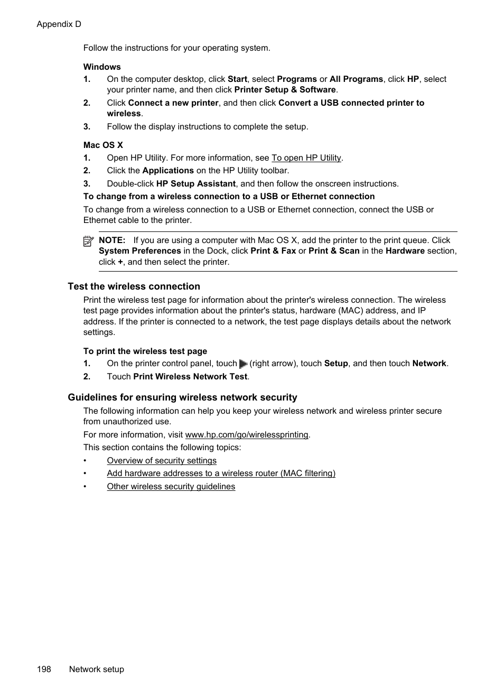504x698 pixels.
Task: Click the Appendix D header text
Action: [59, 24]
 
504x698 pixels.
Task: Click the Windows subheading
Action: [102, 67]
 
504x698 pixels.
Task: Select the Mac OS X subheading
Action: [103, 145]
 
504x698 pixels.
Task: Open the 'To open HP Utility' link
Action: [306, 158]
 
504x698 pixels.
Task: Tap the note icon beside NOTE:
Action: [88, 241]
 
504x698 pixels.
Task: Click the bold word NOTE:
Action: [112, 240]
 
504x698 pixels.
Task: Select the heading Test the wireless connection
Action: [134, 286]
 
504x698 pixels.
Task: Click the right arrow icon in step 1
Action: [243, 364]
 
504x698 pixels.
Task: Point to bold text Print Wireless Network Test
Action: [190, 377]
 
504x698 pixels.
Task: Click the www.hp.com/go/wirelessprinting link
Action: [247, 435]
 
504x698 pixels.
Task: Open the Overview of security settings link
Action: [162, 461]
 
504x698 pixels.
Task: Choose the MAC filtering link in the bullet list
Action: [221, 473]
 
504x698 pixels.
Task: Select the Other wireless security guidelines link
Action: [171, 487]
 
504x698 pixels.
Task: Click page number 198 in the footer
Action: [44, 669]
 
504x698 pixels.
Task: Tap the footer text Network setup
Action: [96, 669]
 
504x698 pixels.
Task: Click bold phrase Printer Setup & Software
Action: [285, 90]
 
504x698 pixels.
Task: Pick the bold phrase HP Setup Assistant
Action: [195, 184]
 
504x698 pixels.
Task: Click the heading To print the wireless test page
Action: [145, 351]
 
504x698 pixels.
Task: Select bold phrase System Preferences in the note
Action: [139, 251]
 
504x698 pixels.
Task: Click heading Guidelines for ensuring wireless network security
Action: [182, 397]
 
